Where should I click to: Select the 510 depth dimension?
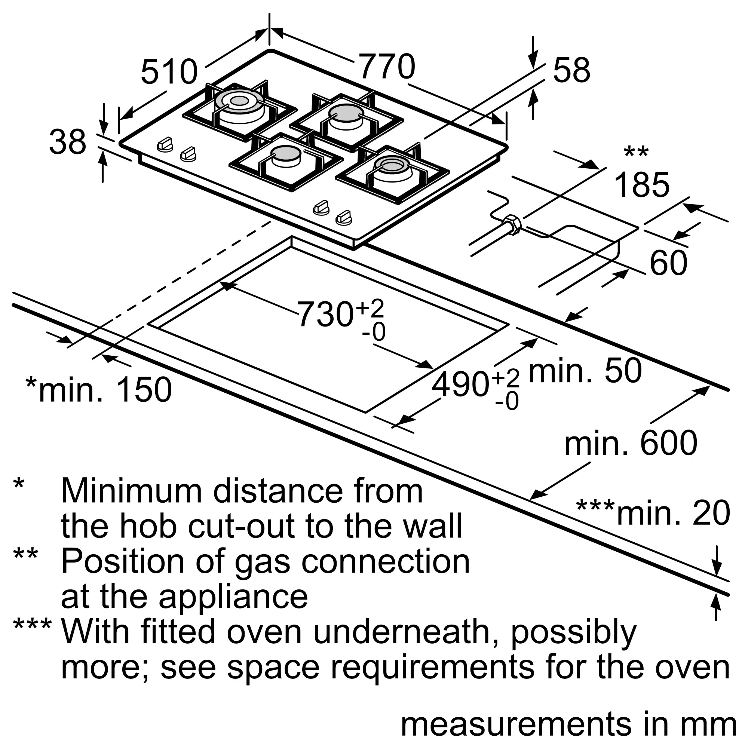(x=169, y=72)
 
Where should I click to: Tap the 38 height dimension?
(x=67, y=142)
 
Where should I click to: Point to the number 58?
(x=571, y=70)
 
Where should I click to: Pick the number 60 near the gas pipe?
(x=668, y=263)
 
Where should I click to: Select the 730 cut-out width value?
(x=325, y=315)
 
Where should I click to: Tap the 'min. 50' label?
(x=585, y=371)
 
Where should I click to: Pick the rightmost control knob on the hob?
(x=344, y=218)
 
